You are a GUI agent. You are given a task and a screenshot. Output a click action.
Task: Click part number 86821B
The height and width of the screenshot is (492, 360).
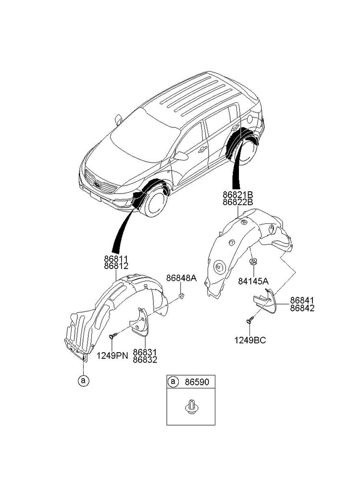tap(237, 195)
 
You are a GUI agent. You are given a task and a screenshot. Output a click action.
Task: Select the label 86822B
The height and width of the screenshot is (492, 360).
tap(237, 202)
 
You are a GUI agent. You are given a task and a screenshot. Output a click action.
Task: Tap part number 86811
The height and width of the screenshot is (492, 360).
tap(116, 258)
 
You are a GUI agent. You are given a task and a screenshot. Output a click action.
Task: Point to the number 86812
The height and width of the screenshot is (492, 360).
tap(116, 266)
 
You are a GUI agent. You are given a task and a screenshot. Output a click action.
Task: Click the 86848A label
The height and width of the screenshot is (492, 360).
tap(181, 278)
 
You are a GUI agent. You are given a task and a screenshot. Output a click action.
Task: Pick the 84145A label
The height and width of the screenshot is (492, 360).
tap(253, 282)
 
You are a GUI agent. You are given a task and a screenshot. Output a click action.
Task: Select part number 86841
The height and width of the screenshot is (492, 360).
tap(302, 300)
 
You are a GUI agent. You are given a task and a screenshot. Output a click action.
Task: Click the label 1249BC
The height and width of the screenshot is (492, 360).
tap(250, 340)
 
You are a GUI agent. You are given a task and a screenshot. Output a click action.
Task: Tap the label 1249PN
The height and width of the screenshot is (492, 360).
tap(112, 356)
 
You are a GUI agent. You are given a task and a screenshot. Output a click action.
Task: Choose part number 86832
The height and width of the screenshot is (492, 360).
tap(145, 359)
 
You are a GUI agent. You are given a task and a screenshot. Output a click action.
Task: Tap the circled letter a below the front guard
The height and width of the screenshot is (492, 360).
tap(83, 381)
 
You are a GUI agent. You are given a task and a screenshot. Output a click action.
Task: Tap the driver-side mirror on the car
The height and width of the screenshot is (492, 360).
tap(181, 156)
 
